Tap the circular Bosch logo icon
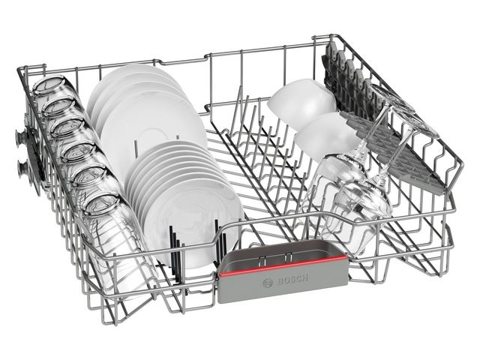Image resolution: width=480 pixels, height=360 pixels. point(268,283)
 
